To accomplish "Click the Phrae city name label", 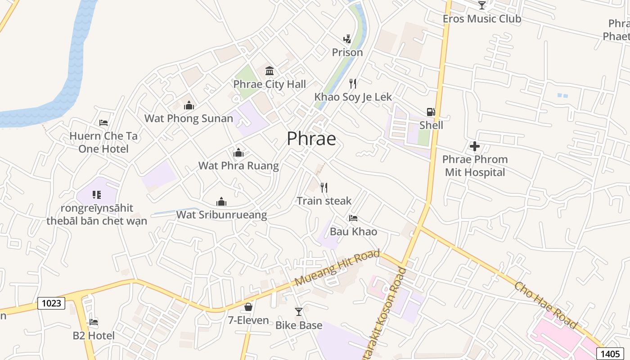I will [311, 139].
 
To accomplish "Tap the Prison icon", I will [347, 39].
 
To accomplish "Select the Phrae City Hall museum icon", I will [270, 71].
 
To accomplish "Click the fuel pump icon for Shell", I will [431, 112].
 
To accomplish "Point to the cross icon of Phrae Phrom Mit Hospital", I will [475, 146].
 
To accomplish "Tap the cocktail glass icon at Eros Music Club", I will [482, 5].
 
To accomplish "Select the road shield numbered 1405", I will [610, 353].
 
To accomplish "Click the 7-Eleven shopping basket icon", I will [248, 307].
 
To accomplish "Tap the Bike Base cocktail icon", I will [299, 311].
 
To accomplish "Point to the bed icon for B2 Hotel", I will [94, 322].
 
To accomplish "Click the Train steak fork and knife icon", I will [324, 187].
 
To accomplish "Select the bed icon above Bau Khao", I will [353, 218].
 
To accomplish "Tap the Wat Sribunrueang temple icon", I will [221, 202].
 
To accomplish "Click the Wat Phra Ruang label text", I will [238, 166].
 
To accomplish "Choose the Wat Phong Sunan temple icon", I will [189, 105].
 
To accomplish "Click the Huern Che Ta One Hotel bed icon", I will [103, 123].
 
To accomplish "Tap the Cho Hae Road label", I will [545, 306].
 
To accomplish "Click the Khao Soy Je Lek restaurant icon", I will [353, 83].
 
